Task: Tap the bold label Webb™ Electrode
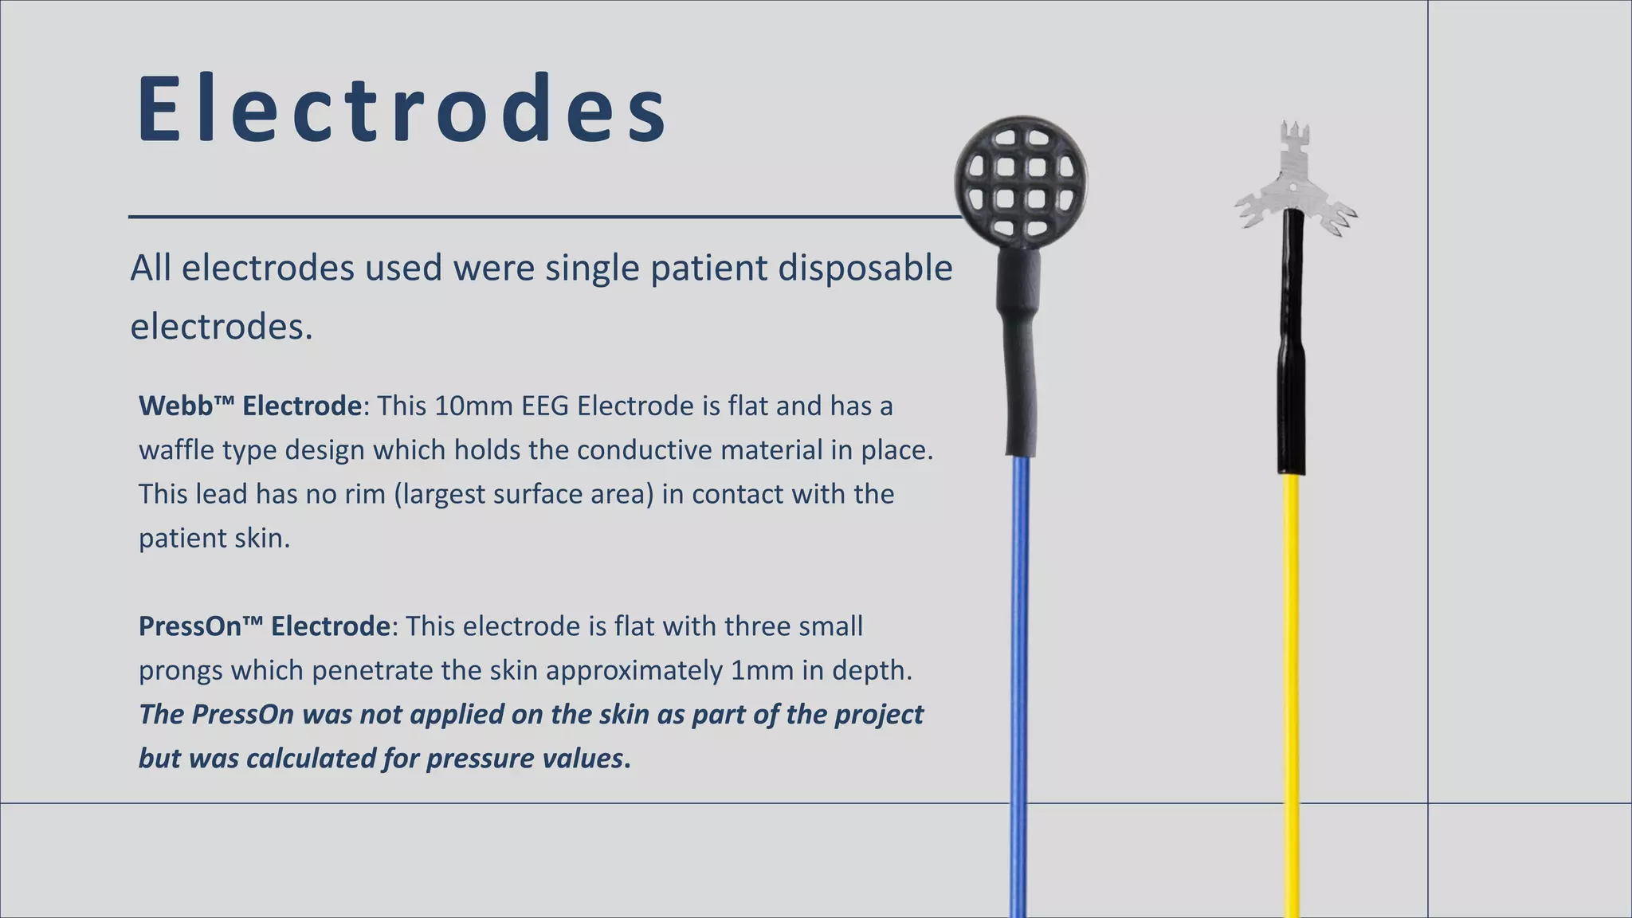click(250, 406)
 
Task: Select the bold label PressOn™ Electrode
click(264, 626)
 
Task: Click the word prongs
click(180, 671)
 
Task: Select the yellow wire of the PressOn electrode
click(1292, 677)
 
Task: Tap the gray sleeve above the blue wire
click(1019, 351)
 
